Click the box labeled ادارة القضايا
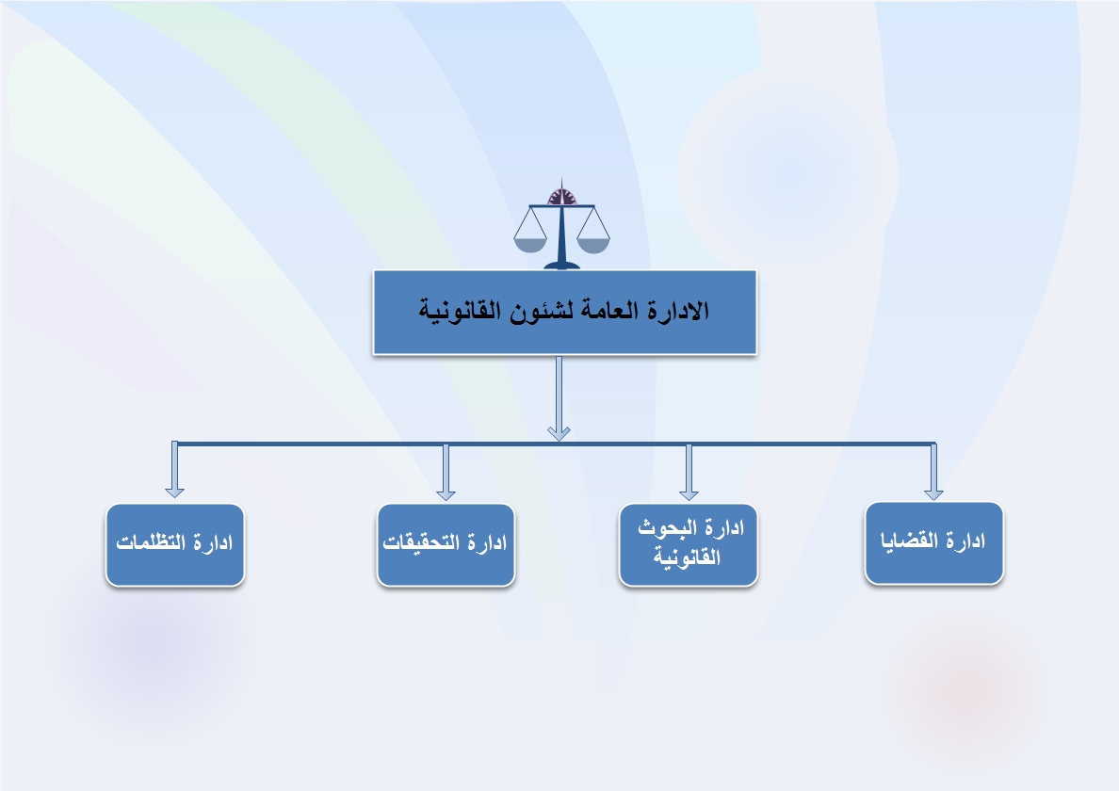(x=933, y=543)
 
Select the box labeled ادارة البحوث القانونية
(x=688, y=545)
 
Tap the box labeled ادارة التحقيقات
(x=446, y=545)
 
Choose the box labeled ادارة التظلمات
(x=175, y=545)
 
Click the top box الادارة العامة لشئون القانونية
(x=564, y=313)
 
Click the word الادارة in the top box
(x=678, y=310)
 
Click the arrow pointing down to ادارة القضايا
(x=933, y=471)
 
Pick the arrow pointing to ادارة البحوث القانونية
(x=689, y=471)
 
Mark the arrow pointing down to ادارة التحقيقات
(x=446, y=471)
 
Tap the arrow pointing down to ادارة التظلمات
(x=175, y=469)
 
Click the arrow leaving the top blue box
(x=559, y=398)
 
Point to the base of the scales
(x=561, y=266)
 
